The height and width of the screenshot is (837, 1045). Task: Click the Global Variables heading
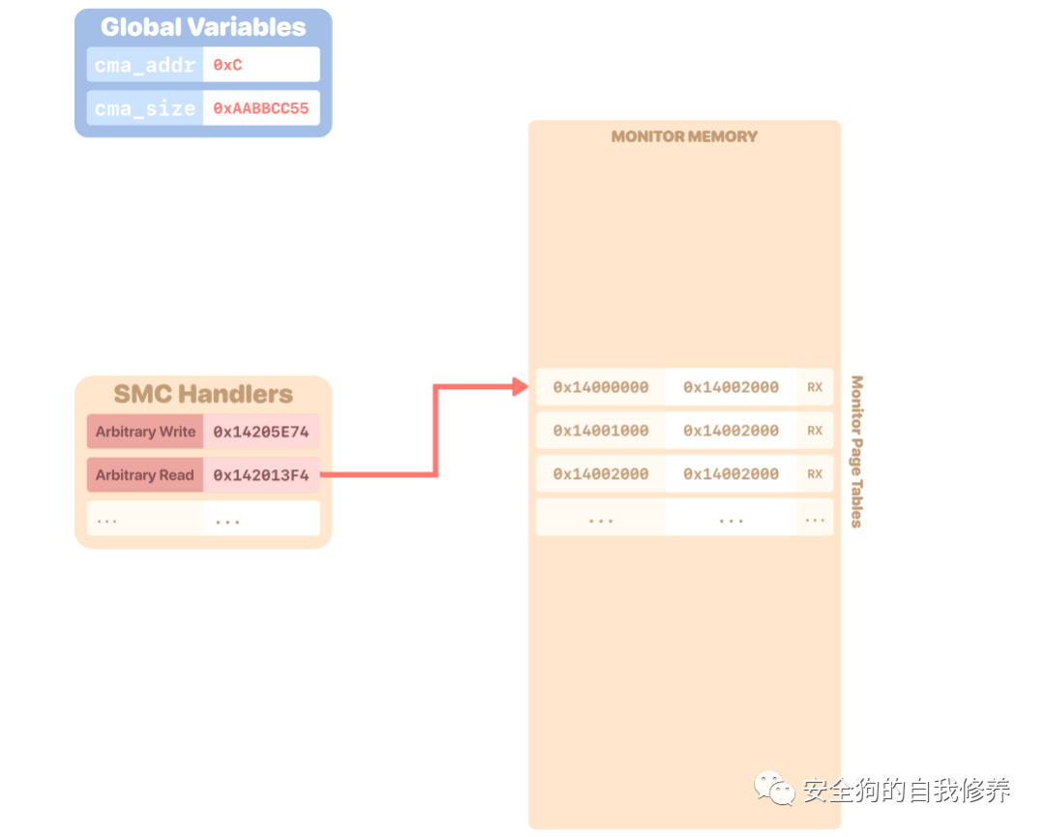tap(203, 27)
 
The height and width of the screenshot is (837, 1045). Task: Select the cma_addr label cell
tap(145, 66)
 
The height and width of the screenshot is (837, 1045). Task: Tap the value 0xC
tap(228, 66)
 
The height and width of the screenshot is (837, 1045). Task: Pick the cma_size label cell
tap(145, 108)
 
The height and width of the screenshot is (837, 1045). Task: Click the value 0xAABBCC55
tap(261, 108)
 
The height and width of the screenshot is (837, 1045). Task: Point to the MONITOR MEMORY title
tap(684, 136)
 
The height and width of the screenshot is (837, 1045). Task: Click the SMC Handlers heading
tap(203, 394)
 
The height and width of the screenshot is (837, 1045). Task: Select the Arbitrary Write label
tap(145, 432)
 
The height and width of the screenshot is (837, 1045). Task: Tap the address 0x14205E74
tap(261, 432)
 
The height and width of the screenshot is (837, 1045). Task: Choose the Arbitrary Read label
tap(145, 475)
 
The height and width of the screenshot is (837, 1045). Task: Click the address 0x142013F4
tap(261, 475)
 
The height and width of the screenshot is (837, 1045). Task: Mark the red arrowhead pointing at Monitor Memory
tap(520, 388)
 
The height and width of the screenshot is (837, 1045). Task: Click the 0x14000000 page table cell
tap(601, 387)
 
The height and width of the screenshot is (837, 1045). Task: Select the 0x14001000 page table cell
tap(601, 431)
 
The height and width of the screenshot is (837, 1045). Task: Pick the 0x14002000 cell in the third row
tap(601, 474)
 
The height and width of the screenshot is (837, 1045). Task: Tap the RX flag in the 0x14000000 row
tap(815, 387)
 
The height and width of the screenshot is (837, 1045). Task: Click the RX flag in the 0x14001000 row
tap(815, 431)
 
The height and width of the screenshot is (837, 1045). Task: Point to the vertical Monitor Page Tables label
tap(856, 452)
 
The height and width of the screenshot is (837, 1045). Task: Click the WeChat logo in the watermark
tap(776, 789)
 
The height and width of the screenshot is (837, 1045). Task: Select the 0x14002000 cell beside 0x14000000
tap(731, 387)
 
